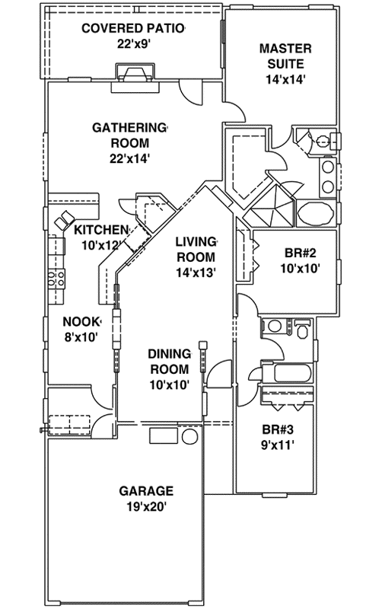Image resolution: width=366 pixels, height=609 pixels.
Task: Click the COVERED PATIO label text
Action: tap(134, 29)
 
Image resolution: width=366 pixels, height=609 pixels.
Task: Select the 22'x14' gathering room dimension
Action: tap(129, 158)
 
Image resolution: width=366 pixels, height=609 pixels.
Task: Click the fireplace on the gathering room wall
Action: tap(134, 73)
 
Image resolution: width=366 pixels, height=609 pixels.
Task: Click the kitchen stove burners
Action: tap(56, 279)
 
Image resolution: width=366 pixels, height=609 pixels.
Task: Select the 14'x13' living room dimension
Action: tap(196, 272)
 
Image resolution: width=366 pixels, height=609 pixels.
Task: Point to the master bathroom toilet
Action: tap(324, 141)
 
